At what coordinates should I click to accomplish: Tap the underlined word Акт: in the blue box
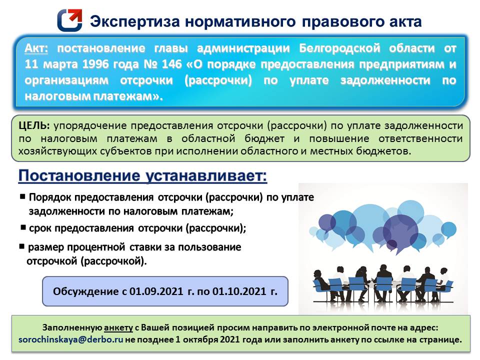[x=36, y=49]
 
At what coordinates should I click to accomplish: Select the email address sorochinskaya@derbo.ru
[x=70, y=339]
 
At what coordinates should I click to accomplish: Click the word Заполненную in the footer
[x=72, y=328]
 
